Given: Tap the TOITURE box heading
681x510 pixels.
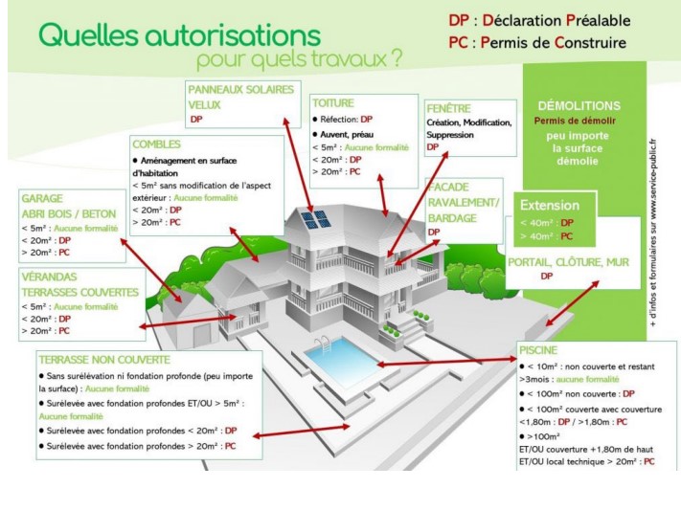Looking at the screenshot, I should click(333, 102).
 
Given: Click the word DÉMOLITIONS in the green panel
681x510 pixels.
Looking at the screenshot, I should click(579, 105).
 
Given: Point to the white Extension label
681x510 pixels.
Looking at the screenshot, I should click(549, 205).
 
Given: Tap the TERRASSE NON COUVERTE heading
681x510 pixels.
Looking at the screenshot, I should click(104, 360).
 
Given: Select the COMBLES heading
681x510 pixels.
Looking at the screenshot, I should click(157, 144).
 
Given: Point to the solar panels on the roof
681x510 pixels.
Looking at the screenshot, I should click(316, 220).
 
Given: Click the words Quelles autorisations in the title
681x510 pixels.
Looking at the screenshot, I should click(178, 36).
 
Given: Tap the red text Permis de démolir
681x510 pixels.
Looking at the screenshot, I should click(575, 121).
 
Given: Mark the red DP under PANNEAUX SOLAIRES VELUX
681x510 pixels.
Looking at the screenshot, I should click(196, 120).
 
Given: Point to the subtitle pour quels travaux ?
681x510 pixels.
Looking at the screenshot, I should click(298, 59).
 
